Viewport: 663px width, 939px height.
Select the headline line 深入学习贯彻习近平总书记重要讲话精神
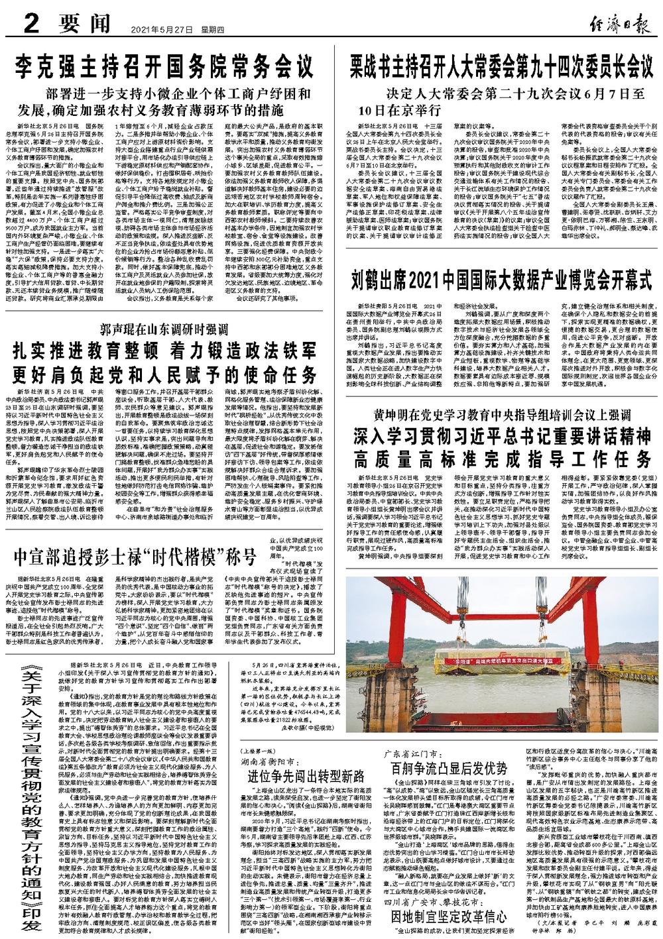pyautogui.click(x=503, y=437)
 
